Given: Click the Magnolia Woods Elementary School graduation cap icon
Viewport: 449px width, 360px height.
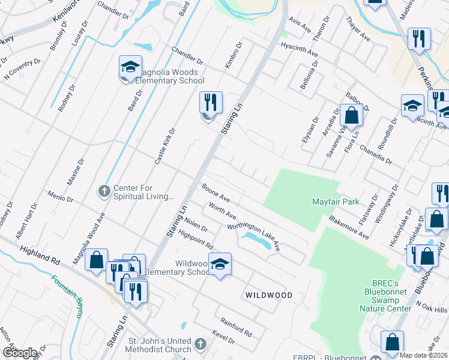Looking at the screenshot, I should (130, 68).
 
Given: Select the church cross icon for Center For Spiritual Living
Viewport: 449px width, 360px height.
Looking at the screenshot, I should (104, 191).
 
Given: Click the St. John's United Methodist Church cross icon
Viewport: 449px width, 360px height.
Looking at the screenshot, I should (200, 345).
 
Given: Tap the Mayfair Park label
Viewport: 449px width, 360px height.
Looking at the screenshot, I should (335, 202).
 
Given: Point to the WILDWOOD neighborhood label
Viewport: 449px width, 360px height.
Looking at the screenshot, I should (268, 295).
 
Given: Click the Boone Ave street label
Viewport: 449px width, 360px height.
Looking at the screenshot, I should (216, 193).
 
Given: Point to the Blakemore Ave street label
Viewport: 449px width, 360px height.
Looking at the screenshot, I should (348, 228).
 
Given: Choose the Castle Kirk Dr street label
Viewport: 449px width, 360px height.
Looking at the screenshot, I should (164, 146).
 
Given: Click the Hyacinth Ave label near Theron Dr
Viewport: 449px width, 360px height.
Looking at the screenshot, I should (298, 49).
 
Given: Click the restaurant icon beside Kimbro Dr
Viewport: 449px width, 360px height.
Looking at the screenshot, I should (210, 103).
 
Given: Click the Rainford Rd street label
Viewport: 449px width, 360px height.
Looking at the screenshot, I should (236, 328).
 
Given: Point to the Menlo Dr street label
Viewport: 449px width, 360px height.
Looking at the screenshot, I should (61, 196).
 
